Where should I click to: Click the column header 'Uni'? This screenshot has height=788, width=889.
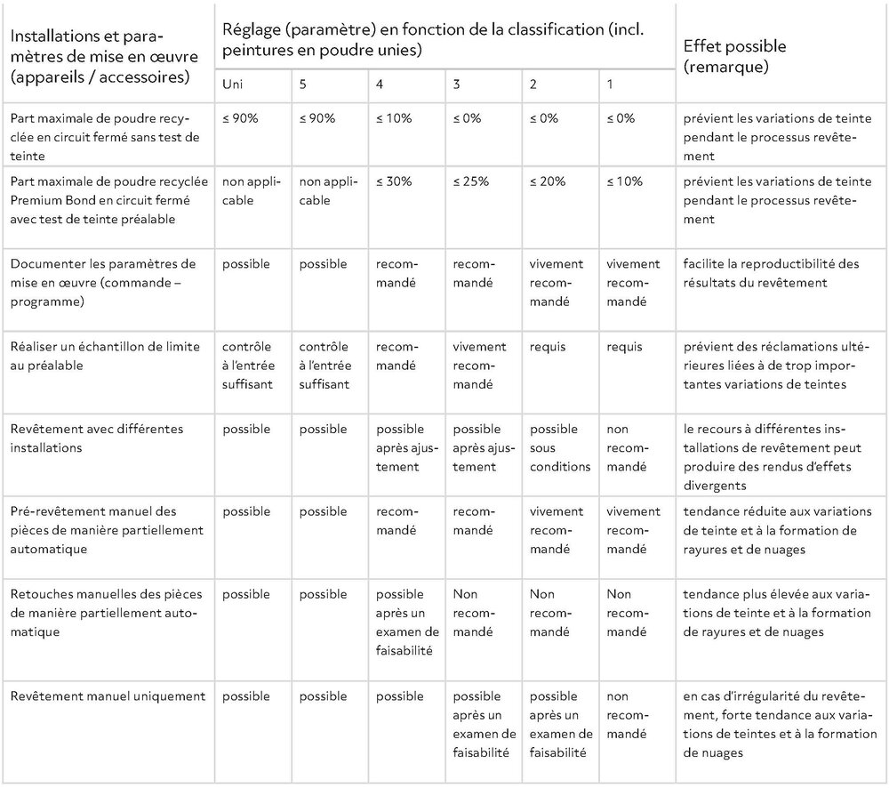coord(233,87)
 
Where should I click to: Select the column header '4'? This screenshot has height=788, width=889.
coord(381,87)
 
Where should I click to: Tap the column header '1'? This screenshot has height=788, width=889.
coord(610,87)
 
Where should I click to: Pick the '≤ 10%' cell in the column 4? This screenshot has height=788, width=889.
coord(394,118)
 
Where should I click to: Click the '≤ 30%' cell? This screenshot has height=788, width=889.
coord(394,181)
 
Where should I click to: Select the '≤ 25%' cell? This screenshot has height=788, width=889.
coord(470,181)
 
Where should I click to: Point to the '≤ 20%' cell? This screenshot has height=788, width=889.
coord(547,181)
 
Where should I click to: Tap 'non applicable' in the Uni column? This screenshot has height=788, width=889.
coord(252,190)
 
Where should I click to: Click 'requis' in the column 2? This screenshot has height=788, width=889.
coord(548,347)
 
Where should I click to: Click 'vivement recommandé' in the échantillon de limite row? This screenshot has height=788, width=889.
coord(479,366)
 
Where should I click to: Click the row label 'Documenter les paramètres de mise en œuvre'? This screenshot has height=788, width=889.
coord(101,282)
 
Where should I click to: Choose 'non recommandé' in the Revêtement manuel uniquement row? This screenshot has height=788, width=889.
coord(627,715)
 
